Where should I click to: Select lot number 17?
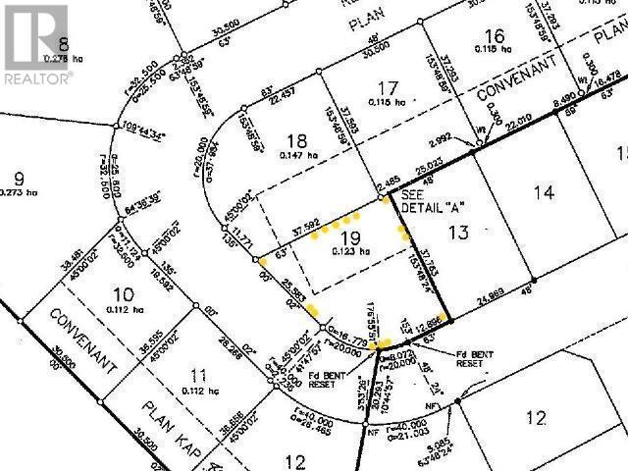pyautogui.click(x=390, y=89)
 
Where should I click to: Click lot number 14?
pyautogui.click(x=544, y=193)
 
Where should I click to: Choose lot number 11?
pyautogui.click(x=199, y=374)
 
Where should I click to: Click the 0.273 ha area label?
pyautogui.click(x=23, y=196)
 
